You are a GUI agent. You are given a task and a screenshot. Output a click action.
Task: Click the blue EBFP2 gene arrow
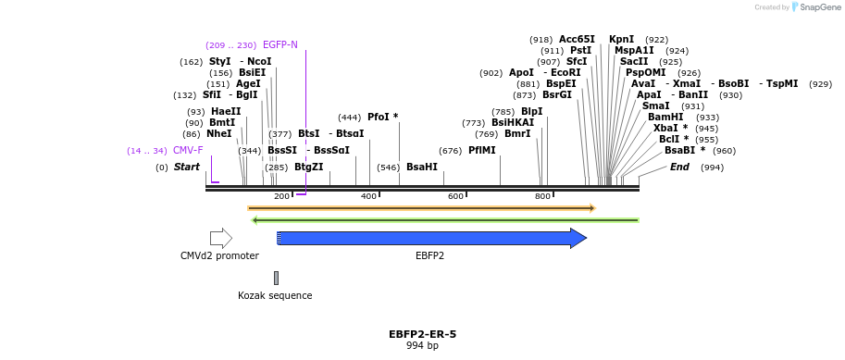[x=430, y=239]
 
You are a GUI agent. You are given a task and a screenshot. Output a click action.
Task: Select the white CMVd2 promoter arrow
[x=220, y=239]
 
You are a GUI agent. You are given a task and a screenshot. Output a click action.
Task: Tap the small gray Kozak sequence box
[x=276, y=278]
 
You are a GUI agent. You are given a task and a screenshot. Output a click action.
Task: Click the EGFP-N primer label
[x=280, y=44]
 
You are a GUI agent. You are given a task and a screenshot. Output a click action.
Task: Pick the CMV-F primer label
[x=188, y=150]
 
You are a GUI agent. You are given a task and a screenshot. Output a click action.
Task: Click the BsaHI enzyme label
[x=421, y=168]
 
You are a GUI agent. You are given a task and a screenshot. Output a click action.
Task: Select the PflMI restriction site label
[x=481, y=150]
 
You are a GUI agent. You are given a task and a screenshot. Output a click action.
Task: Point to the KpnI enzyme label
[x=621, y=39]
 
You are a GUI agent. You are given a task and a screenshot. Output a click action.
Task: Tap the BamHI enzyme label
[x=665, y=117]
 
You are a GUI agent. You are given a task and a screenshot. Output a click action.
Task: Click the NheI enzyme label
[x=218, y=133]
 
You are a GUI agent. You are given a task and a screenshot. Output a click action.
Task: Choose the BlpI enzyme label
[x=531, y=111]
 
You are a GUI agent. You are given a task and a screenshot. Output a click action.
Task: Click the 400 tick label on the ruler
[x=368, y=197]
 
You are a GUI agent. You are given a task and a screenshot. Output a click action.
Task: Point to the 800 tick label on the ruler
[x=542, y=197]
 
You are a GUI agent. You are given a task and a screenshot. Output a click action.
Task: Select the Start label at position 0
[x=186, y=168]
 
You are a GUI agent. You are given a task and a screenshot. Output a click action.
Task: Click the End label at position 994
[x=679, y=168]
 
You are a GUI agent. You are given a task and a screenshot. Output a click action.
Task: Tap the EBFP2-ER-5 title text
[x=422, y=334]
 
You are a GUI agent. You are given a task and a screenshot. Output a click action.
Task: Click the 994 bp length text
[x=422, y=346]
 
